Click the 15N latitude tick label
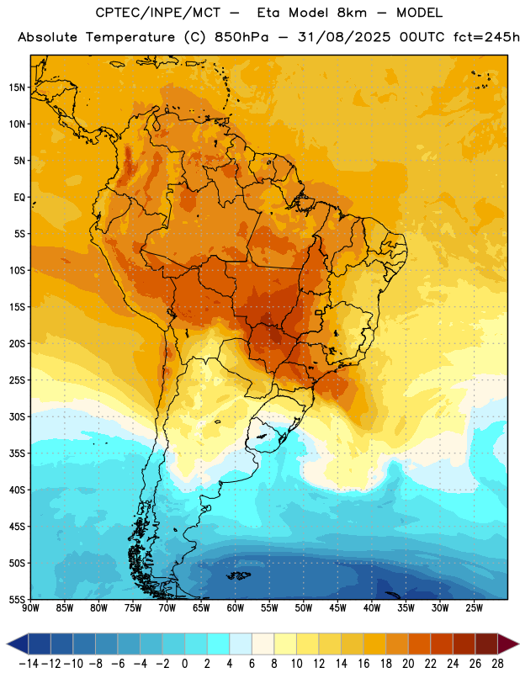click(17, 87)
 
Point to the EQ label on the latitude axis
click(19, 198)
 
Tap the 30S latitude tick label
click(17, 416)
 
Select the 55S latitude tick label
click(17, 600)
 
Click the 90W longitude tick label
click(30, 608)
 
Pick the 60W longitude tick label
click(236, 608)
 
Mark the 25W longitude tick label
click(474, 608)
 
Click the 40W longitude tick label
click(372, 608)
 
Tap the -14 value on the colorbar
click(29, 664)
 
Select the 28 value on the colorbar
click(497, 664)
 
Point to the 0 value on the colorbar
click(184, 664)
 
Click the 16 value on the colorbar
click(363, 664)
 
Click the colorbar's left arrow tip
click(7, 644)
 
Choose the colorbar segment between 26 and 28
click(486, 644)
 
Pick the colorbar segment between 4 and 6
click(241, 644)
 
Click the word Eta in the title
click(268, 13)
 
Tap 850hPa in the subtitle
click(241, 37)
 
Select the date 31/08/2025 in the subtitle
click(344, 37)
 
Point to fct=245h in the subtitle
click(486, 37)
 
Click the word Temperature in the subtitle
click(130, 38)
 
